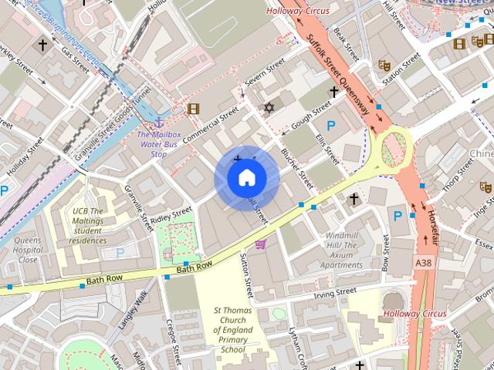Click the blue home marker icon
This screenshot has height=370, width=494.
click(x=246, y=178)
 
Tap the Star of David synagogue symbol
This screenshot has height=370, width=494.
click(x=269, y=107)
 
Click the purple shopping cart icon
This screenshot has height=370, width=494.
click(x=261, y=244)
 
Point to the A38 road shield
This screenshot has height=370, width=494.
click(x=424, y=263)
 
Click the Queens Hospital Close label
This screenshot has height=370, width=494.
click(x=28, y=250)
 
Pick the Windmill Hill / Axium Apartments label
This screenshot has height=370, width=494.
click(x=341, y=250)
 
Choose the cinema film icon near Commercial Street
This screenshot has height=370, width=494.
click(x=193, y=109)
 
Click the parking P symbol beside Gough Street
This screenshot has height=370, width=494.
click(x=331, y=126)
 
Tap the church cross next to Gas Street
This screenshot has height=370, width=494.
click(x=42, y=46)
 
